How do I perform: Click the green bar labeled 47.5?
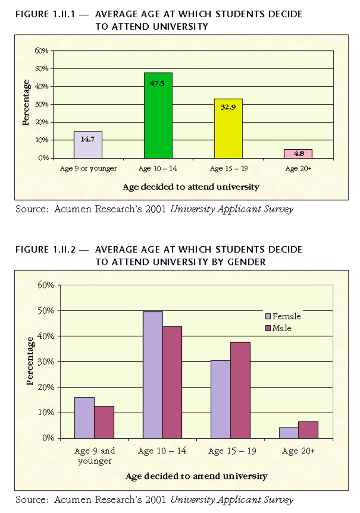(158, 115)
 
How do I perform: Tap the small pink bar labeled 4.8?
(298, 154)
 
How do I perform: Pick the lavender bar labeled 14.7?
(88, 144)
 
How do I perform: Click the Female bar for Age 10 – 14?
(153, 374)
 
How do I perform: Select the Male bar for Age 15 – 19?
(240, 390)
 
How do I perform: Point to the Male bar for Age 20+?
(308, 429)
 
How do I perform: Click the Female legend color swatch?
(268, 316)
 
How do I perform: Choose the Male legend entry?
(281, 328)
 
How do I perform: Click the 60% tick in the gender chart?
(46, 285)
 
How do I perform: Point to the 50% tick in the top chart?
(41, 69)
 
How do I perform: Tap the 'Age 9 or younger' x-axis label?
(88, 168)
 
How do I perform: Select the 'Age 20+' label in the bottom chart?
(299, 451)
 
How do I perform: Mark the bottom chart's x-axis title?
(196, 476)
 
